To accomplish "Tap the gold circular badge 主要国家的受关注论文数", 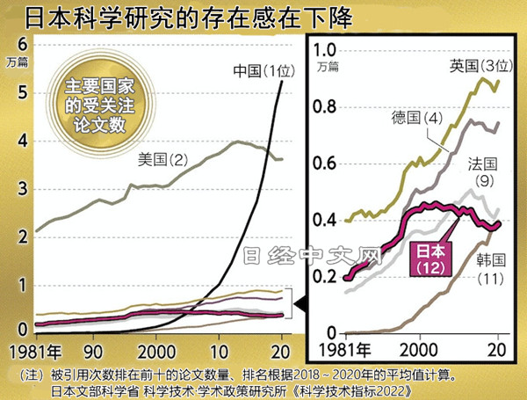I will pyautogui.click(x=97, y=101).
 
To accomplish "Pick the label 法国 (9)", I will pyautogui.click(x=482, y=171).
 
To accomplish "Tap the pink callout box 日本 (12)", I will pyautogui.click(x=430, y=258).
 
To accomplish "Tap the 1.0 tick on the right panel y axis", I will pyautogui.click(x=326, y=50).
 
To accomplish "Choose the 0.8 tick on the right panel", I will pyautogui.click(x=326, y=107).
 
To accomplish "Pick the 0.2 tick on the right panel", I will pyautogui.click(x=326, y=276).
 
